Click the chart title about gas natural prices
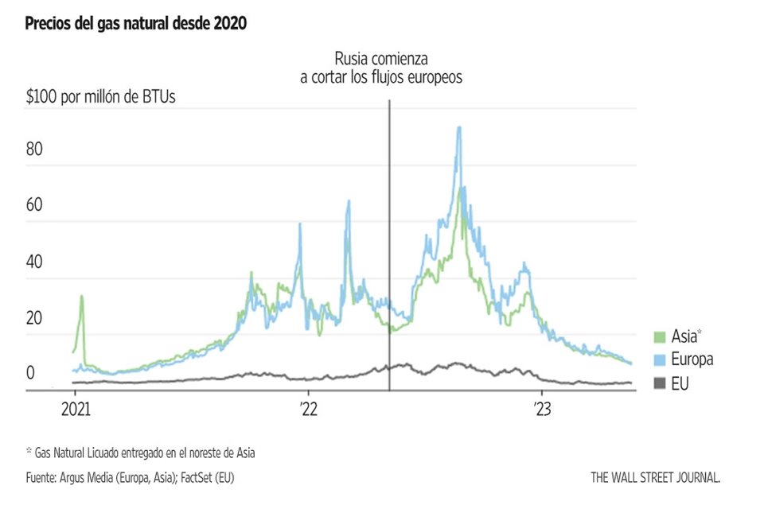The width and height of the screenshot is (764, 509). (x=136, y=25)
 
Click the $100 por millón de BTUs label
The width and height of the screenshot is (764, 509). (x=101, y=97)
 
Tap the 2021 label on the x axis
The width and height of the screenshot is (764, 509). (x=75, y=411)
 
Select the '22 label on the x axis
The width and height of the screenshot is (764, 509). (x=308, y=411)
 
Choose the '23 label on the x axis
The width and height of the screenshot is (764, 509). (x=542, y=411)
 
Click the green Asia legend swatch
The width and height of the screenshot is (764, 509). (x=658, y=336)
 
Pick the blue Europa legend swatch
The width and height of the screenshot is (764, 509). (x=658, y=359)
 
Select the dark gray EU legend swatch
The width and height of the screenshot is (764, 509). (x=658, y=384)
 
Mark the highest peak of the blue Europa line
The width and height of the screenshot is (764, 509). (x=458, y=127)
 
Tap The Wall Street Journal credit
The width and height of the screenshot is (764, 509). (x=656, y=478)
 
